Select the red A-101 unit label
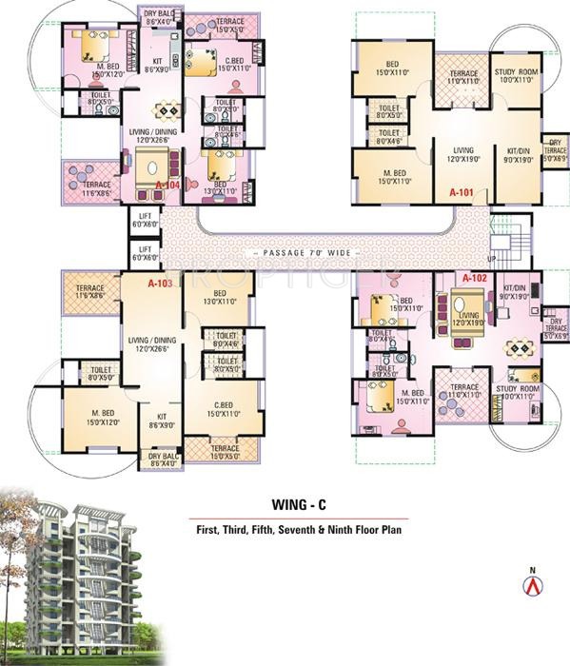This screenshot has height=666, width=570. pyautogui.click(x=462, y=191)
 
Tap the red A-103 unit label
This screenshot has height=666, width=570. pyautogui.click(x=160, y=283)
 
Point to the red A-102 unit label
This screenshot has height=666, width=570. pyautogui.click(x=475, y=279)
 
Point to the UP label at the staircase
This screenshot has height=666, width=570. pyautogui.click(x=491, y=258)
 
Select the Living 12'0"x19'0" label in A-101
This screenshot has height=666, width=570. pyautogui.click(x=463, y=154)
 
